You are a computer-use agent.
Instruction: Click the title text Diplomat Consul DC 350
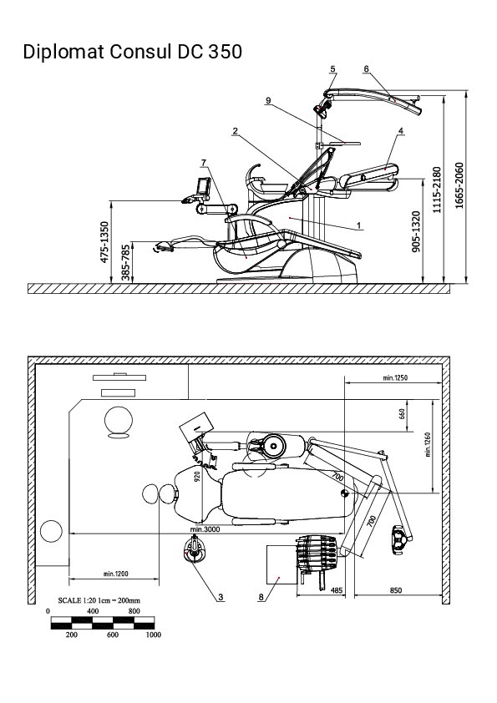[132, 52]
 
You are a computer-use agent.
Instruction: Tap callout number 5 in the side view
[332, 69]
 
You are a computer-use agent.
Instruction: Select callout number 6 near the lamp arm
[367, 68]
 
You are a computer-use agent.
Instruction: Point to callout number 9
[268, 100]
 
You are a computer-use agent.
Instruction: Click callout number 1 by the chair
[359, 225]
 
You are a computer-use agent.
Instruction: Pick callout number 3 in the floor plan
[221, 597]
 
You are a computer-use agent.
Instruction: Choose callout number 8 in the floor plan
[261, 597]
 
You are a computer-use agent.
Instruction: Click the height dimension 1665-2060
[459, 185]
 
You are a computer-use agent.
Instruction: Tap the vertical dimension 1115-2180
[437, 190]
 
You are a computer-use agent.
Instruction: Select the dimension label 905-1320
[416, 231]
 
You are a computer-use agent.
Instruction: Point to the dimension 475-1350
[104, 242]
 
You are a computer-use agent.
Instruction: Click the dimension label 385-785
[126, 262]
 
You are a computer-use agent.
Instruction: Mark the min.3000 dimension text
[205, 529]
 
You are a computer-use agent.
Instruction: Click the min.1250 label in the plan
[395, 378]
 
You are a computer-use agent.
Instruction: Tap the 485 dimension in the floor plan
[337, 590]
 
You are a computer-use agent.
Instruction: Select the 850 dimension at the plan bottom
[396, 590]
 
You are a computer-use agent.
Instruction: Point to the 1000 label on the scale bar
[154, 635]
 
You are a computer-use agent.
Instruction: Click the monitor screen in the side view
[204, 185]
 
